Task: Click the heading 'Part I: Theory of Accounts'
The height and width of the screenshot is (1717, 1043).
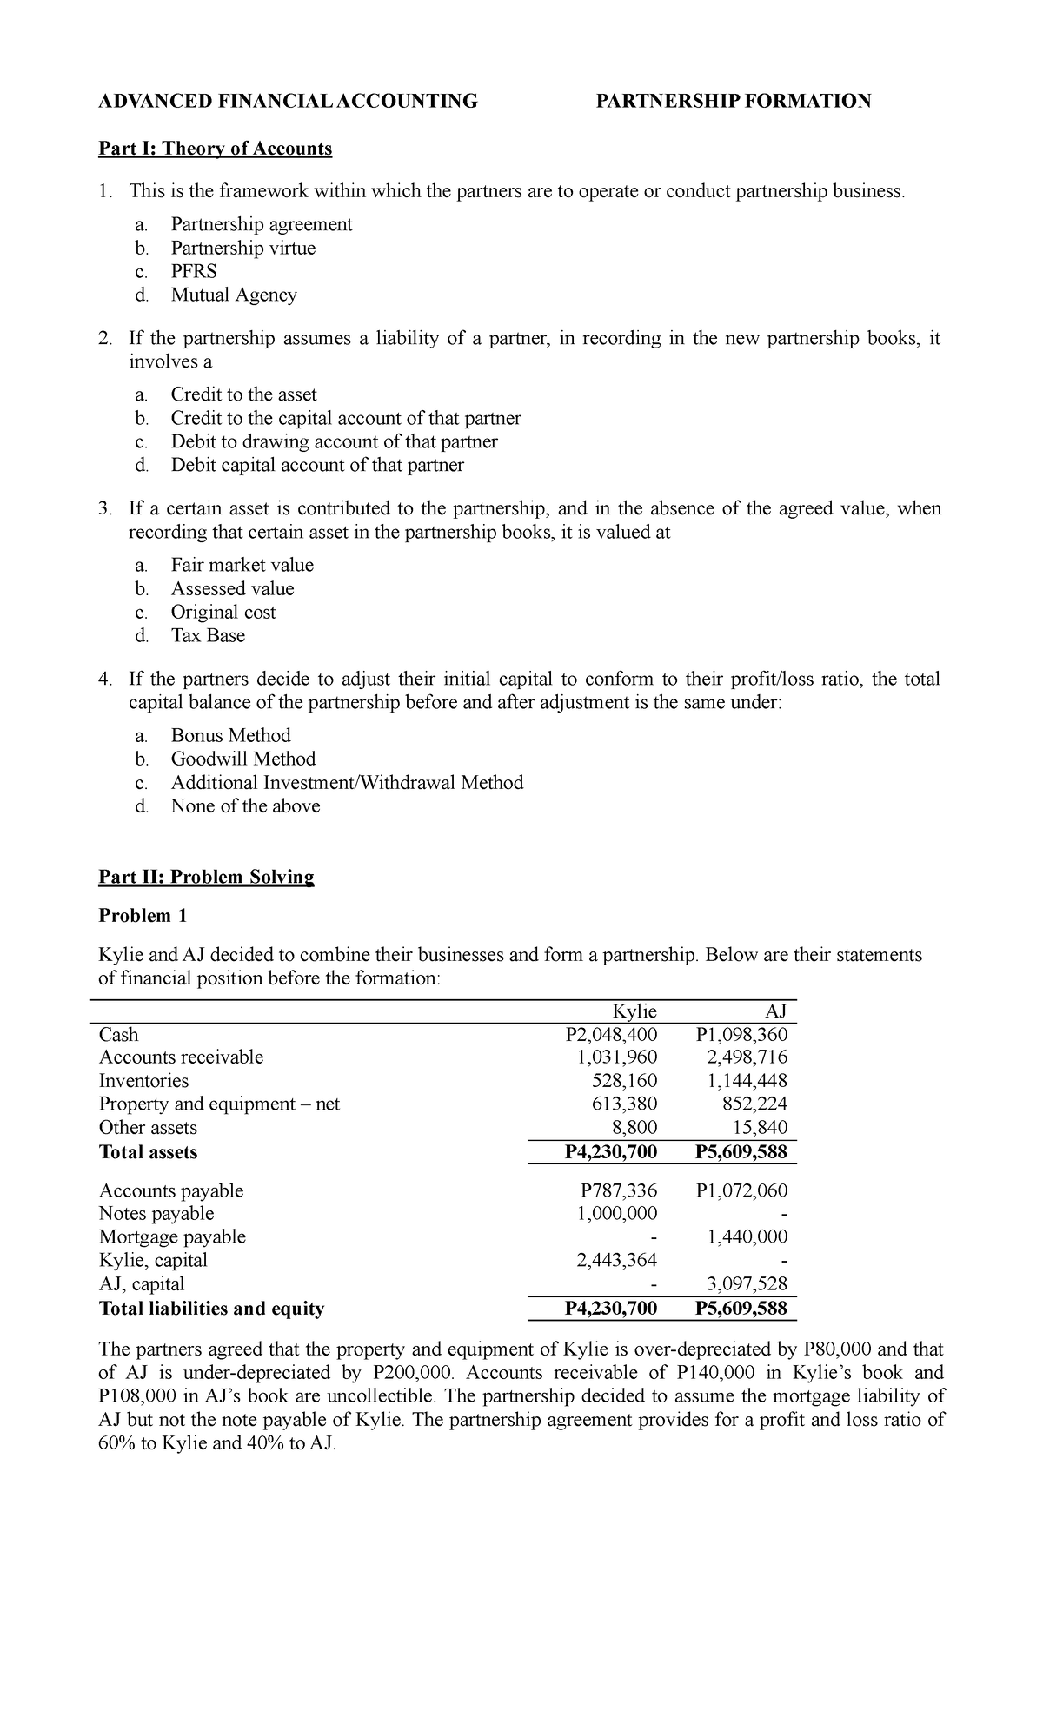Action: (215, 149)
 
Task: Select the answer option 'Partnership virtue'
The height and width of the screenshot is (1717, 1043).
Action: (242, 249)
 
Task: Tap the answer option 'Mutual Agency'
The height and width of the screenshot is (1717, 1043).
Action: (233, 295)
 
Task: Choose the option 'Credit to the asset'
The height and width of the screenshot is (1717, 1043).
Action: (243, 394)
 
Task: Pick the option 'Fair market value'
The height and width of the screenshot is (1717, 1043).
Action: (242, 565)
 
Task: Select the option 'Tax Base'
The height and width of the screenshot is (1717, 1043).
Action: (208, 636)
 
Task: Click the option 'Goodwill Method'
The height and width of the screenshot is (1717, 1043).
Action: (242, 759)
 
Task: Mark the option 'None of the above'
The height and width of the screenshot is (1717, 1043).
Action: (245, 806)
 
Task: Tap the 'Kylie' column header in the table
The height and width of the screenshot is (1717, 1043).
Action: (634, 1011)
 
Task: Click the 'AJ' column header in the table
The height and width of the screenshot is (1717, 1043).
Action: (775, 1011)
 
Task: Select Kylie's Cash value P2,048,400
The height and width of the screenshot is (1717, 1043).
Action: (611, 1034)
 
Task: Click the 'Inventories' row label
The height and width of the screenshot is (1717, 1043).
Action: (143, 1081)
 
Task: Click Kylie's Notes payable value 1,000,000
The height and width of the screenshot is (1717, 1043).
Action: (616, 1214)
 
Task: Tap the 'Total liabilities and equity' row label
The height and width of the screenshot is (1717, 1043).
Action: (211, 1309)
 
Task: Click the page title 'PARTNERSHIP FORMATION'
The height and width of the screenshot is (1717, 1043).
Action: (733, 102)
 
